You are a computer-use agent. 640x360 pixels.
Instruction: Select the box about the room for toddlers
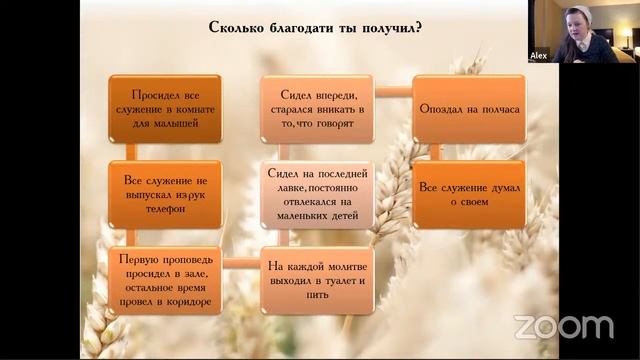pos(164,108)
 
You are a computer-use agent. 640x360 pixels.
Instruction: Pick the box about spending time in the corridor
pos(164,281)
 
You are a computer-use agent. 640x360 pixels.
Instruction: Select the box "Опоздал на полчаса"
pos(469,108)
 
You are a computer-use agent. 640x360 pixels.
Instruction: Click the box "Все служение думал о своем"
pos(469,194)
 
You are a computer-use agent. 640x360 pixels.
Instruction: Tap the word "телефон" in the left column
pos(164,210)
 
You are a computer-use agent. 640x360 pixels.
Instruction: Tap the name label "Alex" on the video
pos(538,57)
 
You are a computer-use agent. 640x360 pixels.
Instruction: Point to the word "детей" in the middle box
pos(354,211)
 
